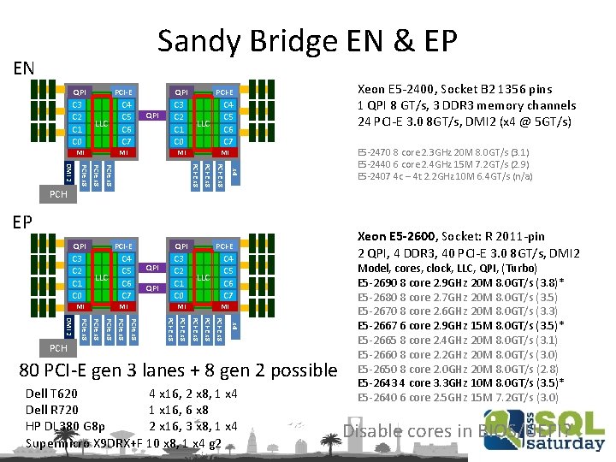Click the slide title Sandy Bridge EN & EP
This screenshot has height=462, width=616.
[308, 40]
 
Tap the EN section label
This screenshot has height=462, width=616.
[23, 67]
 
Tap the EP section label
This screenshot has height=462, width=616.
[22, 222]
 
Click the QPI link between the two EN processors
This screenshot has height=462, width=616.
[152, 115]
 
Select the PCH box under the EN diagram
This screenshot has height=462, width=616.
[58, 194]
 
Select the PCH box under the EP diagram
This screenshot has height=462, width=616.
[58, 348]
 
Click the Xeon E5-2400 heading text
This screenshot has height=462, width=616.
[454, 89]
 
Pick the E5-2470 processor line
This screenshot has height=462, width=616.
[443, 151]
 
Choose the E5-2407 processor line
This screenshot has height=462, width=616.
[444, 176]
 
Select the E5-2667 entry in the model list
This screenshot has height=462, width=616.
[459, 326]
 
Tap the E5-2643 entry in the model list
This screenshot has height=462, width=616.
[459, 383]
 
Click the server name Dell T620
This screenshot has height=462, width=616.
[52, 394]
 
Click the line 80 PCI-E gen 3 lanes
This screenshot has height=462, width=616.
[178, 370]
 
